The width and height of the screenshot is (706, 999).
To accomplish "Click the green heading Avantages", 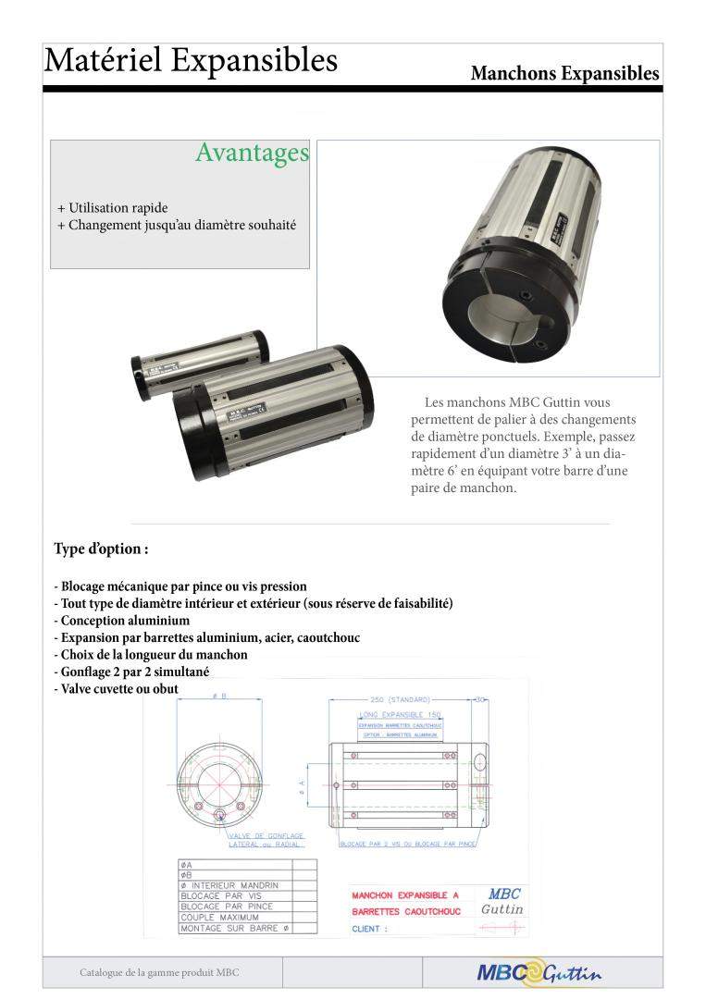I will [x=252, y=153].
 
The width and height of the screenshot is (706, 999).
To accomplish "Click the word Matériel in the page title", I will [x=101, y=60].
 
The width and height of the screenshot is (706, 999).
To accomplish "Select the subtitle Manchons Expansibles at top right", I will [x=564, y=73].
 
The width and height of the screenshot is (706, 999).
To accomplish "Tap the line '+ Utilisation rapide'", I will [x=113, y=207].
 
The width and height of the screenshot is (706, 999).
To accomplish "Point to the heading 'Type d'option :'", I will [x=102, y=549].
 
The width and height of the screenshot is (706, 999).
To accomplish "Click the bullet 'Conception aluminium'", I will [x=123, y=621].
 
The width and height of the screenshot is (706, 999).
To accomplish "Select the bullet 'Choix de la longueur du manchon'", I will [x=153, y=655].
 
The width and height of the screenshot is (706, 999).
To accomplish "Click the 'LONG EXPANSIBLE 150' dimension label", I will [x=400, y=715].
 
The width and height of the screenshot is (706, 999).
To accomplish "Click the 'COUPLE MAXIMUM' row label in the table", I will [x=220, y=917].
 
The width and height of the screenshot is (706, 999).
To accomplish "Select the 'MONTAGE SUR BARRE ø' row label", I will [x=235, y=928].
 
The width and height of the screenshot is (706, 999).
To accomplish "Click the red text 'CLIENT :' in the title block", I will [x=370, y=928].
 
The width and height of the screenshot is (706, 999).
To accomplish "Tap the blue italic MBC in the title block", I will [x=503, y=894].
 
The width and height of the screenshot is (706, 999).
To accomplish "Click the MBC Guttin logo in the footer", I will [x=539, y=972].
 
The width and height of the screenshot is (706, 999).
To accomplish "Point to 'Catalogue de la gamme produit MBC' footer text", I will [x=160, y=973].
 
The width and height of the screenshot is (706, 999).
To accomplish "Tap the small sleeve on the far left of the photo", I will [x=196, y=360].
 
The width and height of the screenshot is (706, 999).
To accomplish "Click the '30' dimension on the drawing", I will [x=478, y=700].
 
